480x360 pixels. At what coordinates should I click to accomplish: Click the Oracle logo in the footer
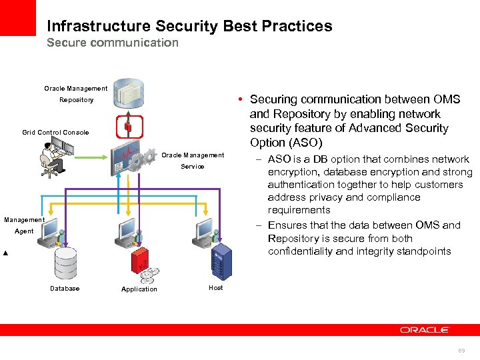click(x=425, y=330)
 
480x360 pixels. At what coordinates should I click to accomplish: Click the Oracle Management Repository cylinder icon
click(x=129, y=94)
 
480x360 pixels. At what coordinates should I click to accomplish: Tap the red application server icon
click(x=141, y=261)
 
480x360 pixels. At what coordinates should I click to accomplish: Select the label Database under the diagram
click(x=65, y=289)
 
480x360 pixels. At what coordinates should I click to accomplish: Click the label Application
click(x=139, y=289)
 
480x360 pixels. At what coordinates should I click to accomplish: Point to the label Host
click(x=216, y=288)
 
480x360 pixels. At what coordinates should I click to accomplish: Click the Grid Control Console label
click(x=55, y=133)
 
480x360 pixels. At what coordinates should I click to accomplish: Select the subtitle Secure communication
click(x=113, y=43)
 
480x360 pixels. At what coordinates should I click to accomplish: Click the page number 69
click(x=461, y=350)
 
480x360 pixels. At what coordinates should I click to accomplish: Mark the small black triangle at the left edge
click(x=5, y=254)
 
